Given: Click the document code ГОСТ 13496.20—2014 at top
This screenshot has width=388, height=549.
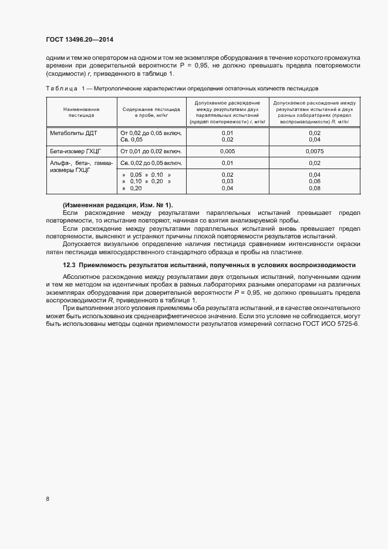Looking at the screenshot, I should pyautogui.click(x=79, y=39).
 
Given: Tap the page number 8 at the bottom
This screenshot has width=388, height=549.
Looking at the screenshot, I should pyautogui.click(x=47, y=499).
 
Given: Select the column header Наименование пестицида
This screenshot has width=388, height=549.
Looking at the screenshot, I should pyautogui.click(x=82, y=112).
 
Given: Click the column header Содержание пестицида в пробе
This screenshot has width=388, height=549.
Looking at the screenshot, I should pyautogui.click(x=151, y=112).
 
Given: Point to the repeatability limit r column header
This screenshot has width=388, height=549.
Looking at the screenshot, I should pyautogui.click(x=227, y=112).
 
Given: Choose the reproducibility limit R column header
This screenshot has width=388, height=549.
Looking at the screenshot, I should pyautogui.click(x=314, y=112).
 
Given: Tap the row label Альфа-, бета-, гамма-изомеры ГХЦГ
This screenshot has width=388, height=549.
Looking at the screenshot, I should pyautogui.click(x=82, y=167).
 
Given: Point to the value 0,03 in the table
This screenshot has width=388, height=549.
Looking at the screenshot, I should pyautogui.click(x=227, y=181).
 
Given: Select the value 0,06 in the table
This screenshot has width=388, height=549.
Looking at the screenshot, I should pyautogui.click(x=314, y=181).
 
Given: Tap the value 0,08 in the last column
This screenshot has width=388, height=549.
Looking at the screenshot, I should pyautogui.click(x=314, y=188).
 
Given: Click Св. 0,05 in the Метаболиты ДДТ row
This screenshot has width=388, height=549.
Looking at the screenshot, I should pyautogui.click(x=131, y=140).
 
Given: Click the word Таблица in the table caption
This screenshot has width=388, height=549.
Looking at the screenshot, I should pyautogui.click(x=60, y=88).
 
